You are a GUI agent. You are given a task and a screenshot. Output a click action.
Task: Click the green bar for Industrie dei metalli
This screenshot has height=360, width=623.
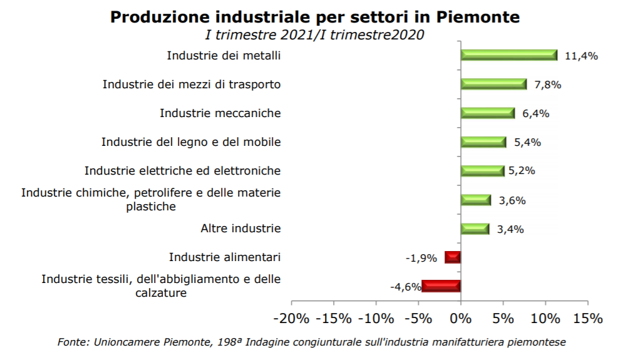(508, 55)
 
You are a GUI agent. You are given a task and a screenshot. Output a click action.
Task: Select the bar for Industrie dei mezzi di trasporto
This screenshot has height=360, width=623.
(493, 84)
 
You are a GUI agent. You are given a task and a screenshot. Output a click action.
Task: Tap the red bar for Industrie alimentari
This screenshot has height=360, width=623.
(453, 257)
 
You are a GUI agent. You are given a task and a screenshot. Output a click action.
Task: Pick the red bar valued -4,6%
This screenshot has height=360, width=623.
(441, 286)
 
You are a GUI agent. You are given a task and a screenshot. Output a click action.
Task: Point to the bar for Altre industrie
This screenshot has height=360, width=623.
(475, 229)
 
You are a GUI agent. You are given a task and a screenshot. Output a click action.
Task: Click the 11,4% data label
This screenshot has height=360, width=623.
(581, 56)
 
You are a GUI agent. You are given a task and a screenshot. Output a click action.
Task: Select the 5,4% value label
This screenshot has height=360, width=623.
(527, 142)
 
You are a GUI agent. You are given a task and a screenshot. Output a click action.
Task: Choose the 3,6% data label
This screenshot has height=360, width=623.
(512, 201)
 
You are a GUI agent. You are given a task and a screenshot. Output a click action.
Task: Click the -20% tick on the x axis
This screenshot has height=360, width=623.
(292, 318)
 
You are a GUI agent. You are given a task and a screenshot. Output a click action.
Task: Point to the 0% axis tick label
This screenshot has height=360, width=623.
(461, 318)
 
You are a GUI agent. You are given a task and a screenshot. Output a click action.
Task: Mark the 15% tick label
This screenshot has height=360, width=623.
(587, 318)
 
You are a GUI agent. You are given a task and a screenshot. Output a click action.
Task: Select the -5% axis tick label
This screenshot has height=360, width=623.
(418, 318)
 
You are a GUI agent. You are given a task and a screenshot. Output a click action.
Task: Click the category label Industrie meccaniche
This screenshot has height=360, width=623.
(220, 113)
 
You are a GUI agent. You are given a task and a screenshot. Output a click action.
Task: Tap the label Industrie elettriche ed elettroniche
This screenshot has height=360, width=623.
(182, 170)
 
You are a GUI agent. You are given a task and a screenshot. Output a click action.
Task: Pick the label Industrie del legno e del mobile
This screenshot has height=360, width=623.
(191, 142)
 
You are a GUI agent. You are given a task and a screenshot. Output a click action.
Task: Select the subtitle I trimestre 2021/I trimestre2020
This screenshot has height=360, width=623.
(315, 35)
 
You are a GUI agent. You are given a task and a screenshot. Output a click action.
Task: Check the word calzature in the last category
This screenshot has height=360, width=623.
(161, 292)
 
